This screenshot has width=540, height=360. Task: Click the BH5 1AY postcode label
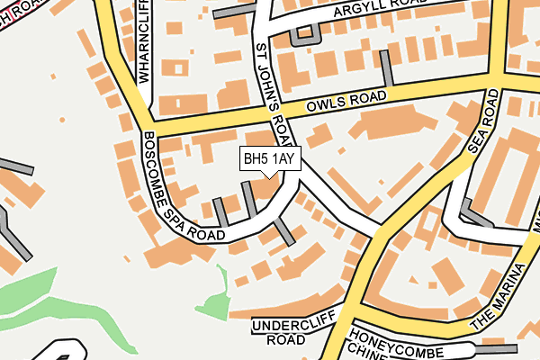point(268,159)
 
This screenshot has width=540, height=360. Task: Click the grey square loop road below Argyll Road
point(304,34)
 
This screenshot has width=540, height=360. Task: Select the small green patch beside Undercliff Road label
point(213,305)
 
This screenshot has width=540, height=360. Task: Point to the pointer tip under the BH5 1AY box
point(267,177)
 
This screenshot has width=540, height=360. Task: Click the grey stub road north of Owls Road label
point(387,68)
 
